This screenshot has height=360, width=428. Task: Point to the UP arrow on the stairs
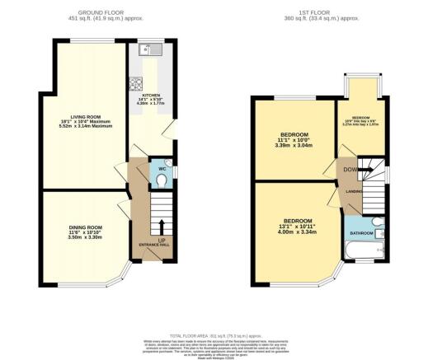click(x=162, y=226)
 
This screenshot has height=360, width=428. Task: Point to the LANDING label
click(x=355, y=192)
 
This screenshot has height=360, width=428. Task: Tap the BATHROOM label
click(x=360, y=233)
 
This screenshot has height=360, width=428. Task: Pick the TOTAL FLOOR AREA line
click(x=209, y=336)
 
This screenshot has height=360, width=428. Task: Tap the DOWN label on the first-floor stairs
click(x=350, y=170)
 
